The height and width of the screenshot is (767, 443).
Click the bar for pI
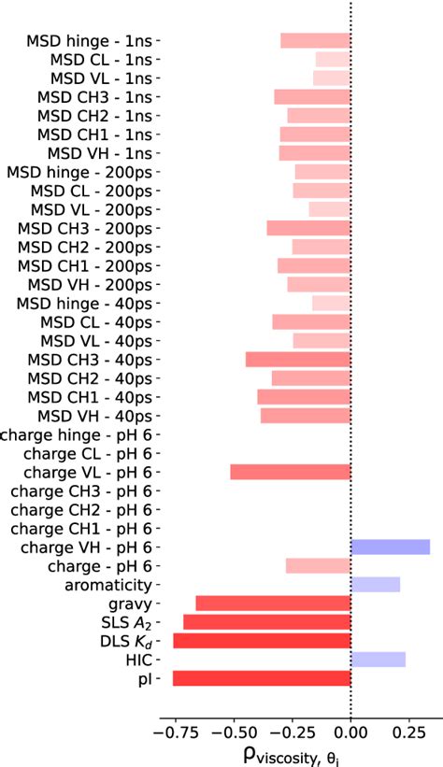[x=262, y=678]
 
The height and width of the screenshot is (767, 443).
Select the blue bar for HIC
[x=378, y=660]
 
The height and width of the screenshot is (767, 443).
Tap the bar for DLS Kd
[x=262, y=641]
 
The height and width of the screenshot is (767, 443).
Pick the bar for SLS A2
[x=266, y=622]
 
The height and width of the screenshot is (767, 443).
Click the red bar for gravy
[x=273, y=604]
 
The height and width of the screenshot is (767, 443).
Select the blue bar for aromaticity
[x=375, y=585]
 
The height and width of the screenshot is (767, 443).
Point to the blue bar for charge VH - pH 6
[x=390, y=547]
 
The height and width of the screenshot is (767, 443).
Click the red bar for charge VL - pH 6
[x=290, y=472]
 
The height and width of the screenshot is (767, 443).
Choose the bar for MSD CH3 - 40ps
[x=298, y=360]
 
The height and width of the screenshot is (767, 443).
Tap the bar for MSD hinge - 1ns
[x=315, y=41]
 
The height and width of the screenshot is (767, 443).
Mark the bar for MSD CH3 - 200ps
[x=308, y=228]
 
